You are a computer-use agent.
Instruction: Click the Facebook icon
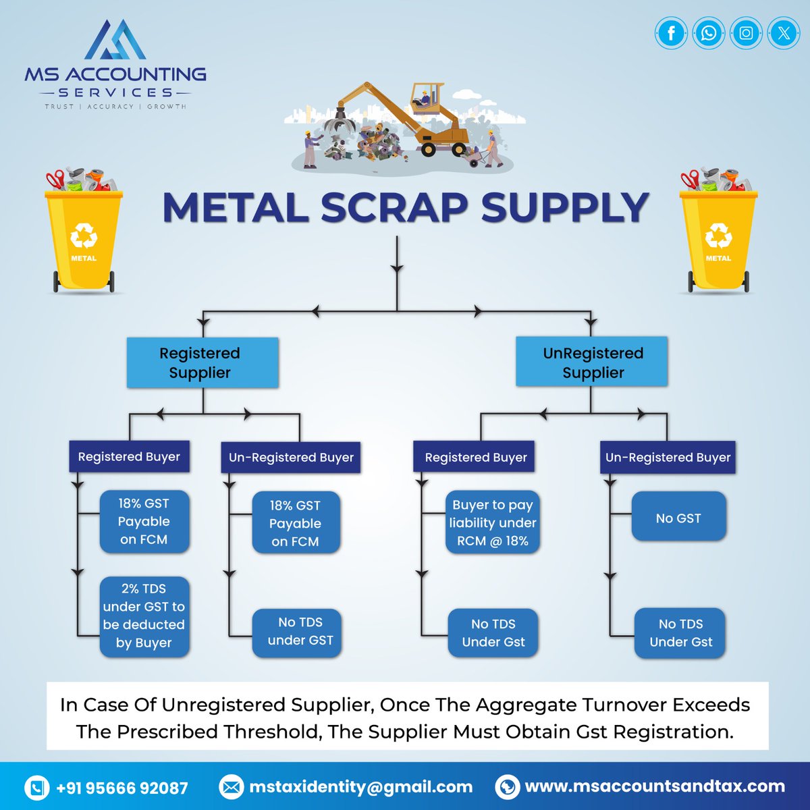click(671, 33)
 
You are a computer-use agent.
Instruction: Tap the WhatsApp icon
click(708, 33)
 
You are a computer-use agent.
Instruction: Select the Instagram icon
click(746, 33)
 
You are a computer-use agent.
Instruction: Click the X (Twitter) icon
click(783, 33)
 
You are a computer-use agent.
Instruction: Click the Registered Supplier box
click(202, 362)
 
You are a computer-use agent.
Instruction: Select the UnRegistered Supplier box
click(592, 362)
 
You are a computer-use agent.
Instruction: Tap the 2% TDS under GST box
click(144, 616)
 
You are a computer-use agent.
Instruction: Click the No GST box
click(678, 518)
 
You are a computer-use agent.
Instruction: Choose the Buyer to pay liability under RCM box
click(493, 522)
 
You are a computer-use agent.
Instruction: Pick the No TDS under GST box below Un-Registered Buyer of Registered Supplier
click(298, 632)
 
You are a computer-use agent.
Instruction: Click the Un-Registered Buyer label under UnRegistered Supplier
click(668, 457)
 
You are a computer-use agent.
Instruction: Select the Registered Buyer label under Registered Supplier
click(129, 456)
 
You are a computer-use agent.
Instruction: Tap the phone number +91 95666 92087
click(122, 788)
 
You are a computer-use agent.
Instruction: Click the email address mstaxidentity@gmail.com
click(360, 786)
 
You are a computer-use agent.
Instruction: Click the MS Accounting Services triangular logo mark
click(115, 42)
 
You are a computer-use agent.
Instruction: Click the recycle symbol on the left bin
click(84, 237)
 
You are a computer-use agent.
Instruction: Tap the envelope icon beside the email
click(231, 787)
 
